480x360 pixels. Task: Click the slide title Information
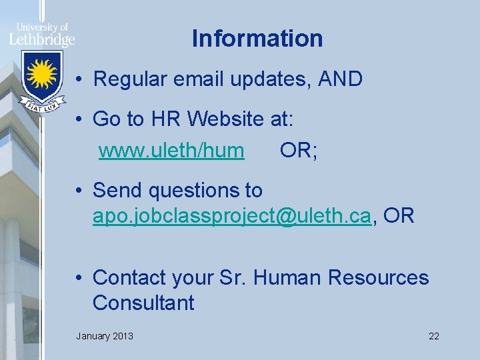257,39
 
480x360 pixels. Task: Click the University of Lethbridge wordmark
42,35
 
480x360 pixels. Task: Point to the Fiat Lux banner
42,105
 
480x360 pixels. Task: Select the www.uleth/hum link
171,151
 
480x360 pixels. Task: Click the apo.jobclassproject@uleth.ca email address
231,216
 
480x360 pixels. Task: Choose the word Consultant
143,303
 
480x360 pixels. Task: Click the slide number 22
434,336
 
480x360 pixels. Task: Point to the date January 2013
105,336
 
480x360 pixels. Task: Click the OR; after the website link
299,151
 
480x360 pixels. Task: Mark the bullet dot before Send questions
79,191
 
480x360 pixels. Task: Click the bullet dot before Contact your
79,277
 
